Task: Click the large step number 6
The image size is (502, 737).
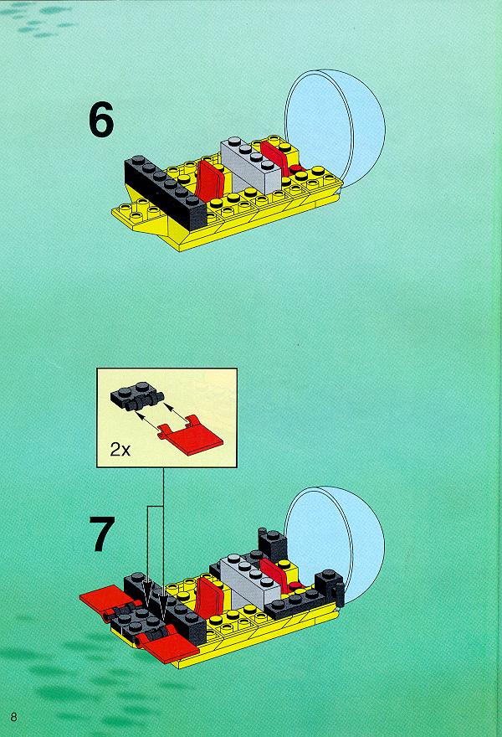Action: coord(101,120)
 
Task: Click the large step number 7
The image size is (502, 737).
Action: coord(101,534)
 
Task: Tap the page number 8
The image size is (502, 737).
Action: coord(13,717)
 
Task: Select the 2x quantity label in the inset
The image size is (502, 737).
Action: coord(120,450)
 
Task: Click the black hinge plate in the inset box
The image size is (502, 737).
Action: coord(137,396)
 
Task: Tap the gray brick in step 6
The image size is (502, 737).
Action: coord(251,166)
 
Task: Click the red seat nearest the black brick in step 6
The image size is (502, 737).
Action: coord(210,181)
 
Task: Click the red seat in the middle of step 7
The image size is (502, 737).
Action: coord(210,595)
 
